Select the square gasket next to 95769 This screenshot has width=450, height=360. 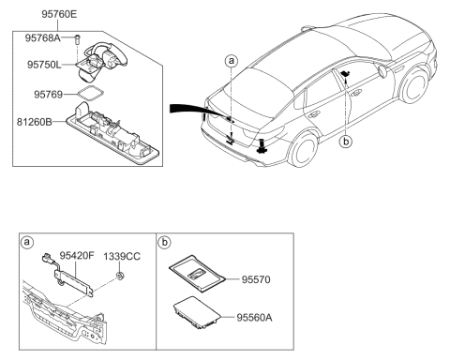(x=93, y=95)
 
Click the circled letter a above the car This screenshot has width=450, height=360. (x=230, y=60)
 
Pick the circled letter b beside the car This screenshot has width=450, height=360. (x=349, y=141)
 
